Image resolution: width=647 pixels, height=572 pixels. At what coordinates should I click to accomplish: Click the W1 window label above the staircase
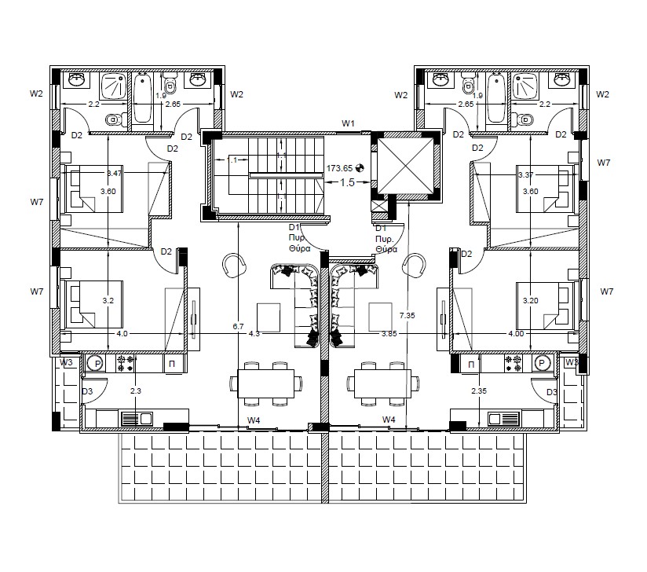[348, 123]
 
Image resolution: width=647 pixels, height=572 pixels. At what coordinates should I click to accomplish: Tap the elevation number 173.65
[340, 168]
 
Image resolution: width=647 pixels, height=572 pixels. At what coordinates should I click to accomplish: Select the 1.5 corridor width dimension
[347, 181]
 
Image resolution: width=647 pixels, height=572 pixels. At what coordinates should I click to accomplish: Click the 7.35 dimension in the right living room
[406, 314]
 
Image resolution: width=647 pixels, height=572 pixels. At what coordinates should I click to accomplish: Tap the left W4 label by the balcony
[253, 420]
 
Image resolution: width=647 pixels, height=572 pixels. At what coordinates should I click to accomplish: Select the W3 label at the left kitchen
[66, 362]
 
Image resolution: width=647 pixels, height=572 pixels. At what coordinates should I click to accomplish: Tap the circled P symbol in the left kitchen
[93, 364]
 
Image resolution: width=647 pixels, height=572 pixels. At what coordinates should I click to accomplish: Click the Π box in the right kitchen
[471, 365]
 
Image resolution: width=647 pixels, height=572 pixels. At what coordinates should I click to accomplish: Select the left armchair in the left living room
[232, 266]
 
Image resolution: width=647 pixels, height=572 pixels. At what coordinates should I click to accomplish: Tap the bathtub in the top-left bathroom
[143, 98]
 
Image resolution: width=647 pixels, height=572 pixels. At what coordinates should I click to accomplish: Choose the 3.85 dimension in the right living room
[389, 334]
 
